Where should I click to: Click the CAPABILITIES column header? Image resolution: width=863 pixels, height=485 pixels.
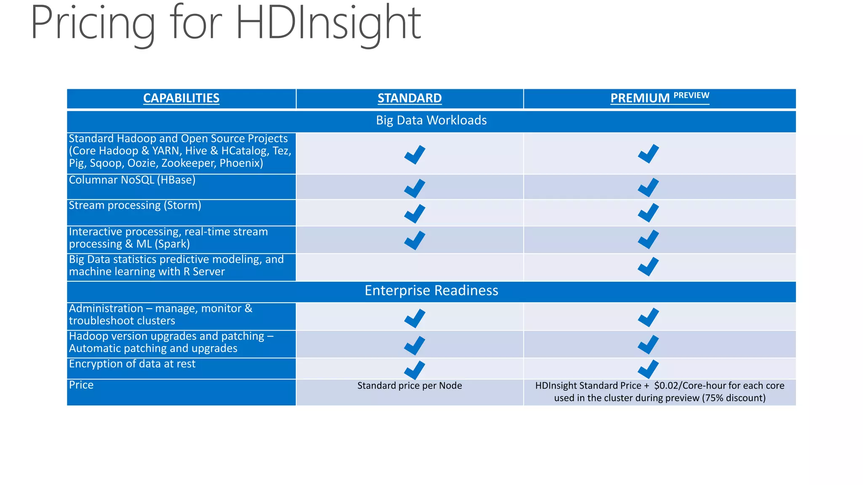click(181, 98)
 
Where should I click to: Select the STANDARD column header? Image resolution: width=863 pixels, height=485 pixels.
click(409, 98)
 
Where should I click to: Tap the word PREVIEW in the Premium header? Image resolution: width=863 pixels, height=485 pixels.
click(691, 96)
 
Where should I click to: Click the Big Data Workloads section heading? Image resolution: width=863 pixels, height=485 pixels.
click(431, 120)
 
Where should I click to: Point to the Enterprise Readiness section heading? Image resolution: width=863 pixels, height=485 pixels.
click(431, 290)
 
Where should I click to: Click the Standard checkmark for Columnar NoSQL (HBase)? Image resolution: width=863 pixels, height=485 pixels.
click(415, 188)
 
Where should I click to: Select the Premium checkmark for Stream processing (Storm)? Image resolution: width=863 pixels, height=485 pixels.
click(648, 213)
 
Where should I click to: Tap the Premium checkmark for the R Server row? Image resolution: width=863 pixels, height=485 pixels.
click(648, 266)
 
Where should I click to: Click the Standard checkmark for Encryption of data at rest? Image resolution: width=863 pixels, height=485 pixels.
click(415, 370)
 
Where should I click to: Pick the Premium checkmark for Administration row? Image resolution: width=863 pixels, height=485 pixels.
click(648, 317)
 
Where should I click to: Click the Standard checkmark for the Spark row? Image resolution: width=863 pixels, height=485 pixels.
click(415, 240)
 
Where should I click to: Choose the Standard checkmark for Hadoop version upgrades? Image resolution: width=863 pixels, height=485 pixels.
click(415, 345)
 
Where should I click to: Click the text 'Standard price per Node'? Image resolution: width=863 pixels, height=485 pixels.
click(410, 386)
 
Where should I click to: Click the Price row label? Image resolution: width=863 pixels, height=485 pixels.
click(81, 385)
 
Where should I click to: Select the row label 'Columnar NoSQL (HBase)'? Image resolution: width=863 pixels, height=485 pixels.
click(132, 180)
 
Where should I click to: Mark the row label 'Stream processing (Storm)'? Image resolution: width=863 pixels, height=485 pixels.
click(135, 205)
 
